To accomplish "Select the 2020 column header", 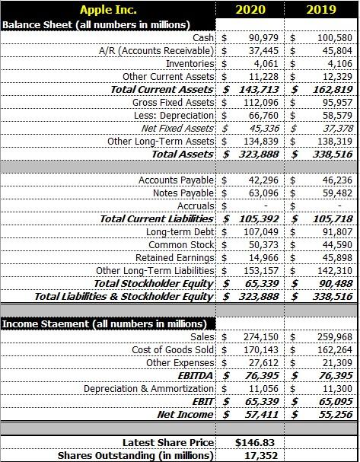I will [x=250, y=10].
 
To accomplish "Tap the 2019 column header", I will [x=320, y=10].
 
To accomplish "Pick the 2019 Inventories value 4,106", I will [x=337, y=63].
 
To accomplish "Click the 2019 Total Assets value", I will [x=331, y=154].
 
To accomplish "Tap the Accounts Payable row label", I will [x=177, y=180].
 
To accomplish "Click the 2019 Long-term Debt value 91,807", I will [x=336, y=231].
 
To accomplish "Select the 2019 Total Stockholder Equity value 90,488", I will [x=333, y=283].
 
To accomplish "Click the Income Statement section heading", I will [x=91, y=323].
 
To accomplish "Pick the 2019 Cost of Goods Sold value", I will [x=333, y=349].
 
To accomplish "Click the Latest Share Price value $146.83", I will [x=250, y=442].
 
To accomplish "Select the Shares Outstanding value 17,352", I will [x=250, y=455].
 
